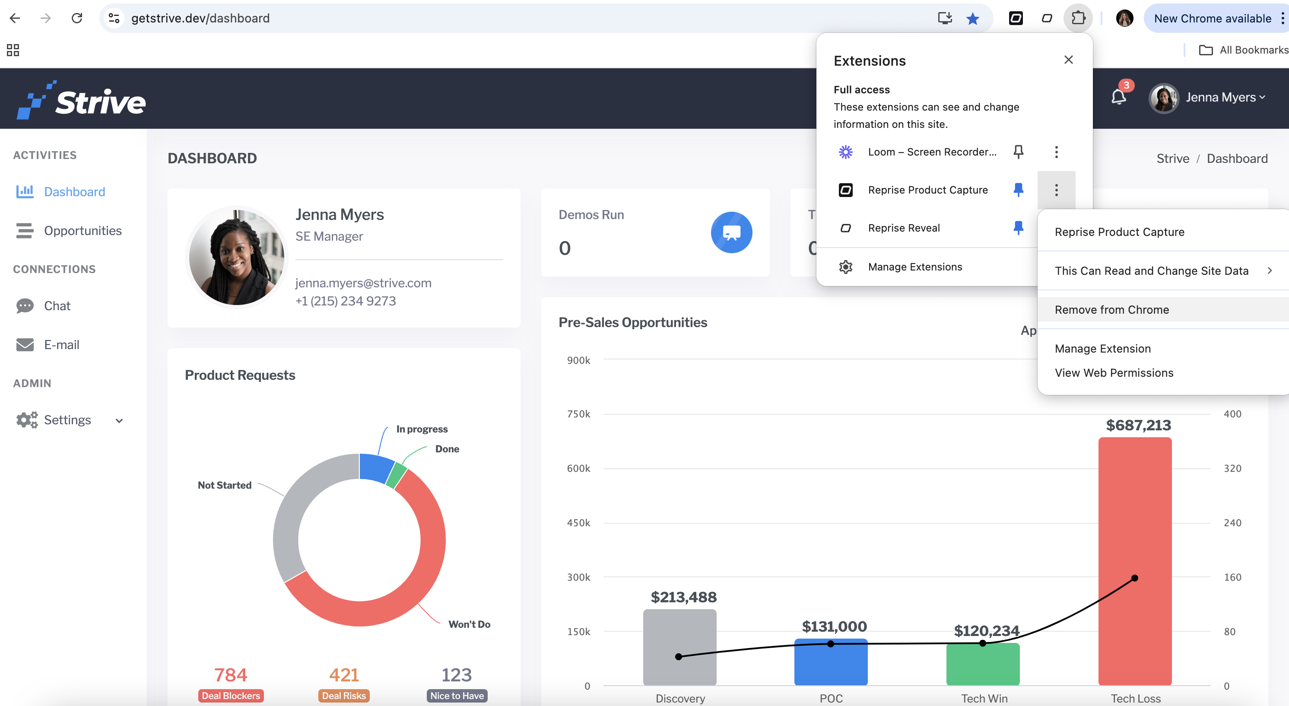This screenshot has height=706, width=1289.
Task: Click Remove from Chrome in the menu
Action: click(x=1111, y=310)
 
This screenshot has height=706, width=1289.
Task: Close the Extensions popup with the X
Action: click(x=1068, y=60)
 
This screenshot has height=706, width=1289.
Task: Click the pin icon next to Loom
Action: click(x=1018, y=152)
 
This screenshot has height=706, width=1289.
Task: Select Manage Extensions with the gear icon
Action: click(x=915, y=267)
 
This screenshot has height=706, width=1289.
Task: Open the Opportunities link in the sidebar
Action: click(x=83, y=230)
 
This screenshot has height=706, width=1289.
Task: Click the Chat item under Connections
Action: click(x=57, y=306)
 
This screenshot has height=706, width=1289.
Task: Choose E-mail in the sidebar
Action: click(x=61, y=345)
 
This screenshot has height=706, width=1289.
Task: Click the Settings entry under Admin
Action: click(x=67, y=420)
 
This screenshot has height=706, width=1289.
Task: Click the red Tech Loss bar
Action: click(x=1134, y=561)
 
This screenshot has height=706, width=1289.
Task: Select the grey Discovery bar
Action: click(x=679, y=647)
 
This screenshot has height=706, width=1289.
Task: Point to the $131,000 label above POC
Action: click(x=834, y=626)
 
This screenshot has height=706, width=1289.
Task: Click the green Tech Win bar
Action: click(x=983, y=664)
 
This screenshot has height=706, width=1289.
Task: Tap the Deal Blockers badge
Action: click(x=231, y=696)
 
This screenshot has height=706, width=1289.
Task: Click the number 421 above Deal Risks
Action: click(x=344, y=675)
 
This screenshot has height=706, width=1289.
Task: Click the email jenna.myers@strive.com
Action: click(x=363, y=283)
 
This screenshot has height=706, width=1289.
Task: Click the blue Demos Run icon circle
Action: click(x=731, y=232)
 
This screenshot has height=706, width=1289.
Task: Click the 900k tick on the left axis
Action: click(x=578, y=360)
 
